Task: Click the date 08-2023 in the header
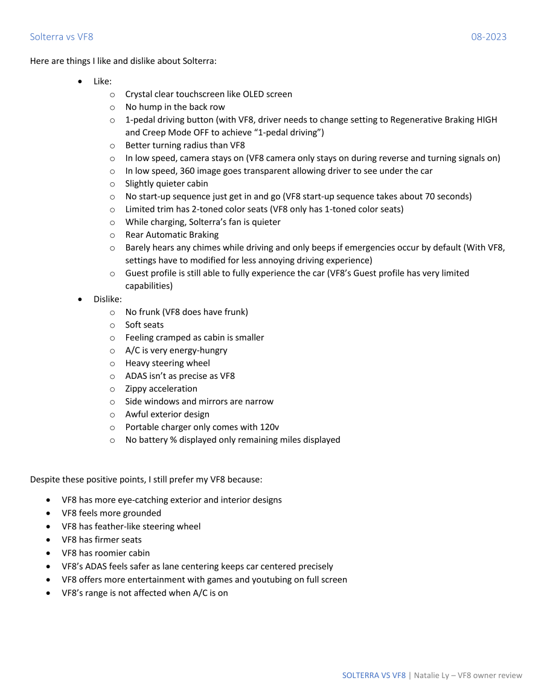coord(488,37)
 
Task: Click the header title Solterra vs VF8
coord(62,37)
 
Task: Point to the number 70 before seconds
coord(431,196)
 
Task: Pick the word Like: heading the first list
coord(103,81)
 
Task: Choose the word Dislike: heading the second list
coord(107,299)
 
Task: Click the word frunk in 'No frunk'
coord(152,312)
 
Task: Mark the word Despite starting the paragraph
coord(45,480)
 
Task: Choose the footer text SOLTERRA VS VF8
coord(374,675)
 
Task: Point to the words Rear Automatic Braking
coord(172,235)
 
